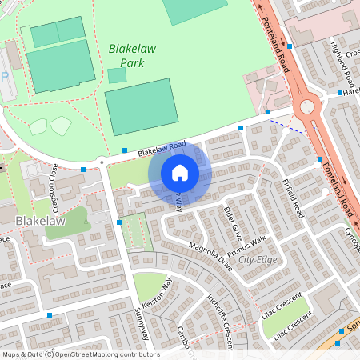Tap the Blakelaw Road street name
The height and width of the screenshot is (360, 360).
coord(161,148)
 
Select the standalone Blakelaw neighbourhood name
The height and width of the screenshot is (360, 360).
coord(39,218)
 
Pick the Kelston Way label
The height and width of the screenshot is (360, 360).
coord(157,294)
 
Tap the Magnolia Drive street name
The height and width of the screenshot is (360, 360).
coord(210,254)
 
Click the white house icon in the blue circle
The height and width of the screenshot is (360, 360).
coord(180,172)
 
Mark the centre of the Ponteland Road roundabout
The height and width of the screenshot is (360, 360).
coord(306,106)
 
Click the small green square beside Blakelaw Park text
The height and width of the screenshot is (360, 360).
coord(117,75)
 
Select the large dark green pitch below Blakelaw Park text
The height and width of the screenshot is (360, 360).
coord(142,106)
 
